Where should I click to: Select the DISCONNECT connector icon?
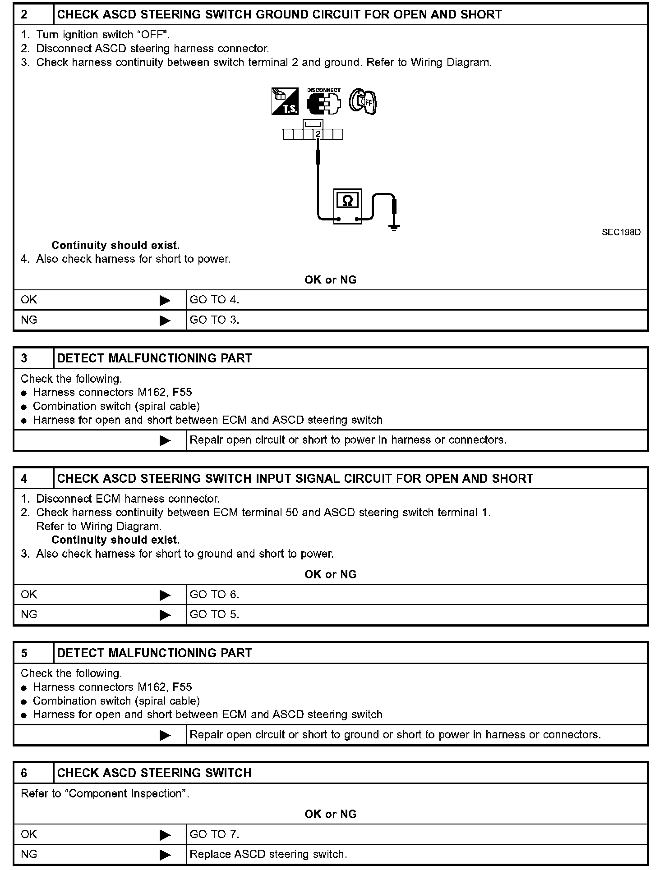pyautogui.click(x=323, y=102)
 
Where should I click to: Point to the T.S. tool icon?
pyautogui.click(x=285, y=101)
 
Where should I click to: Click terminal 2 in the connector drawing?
pyautogui.click(x=318, y=134)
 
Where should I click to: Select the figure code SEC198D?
pyautogui.click(x=621, y=233)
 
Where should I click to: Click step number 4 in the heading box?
pyautogui.click(x=24, y=479)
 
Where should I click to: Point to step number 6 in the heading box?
pyautogui.click(x=24, y=773)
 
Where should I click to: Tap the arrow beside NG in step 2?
pyautogui.click(x=165, y=321)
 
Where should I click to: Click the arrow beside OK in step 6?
pyautogui.click(x=165, y=835)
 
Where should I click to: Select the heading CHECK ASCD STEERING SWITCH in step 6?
pyautogui.click(x=154, y=773)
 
